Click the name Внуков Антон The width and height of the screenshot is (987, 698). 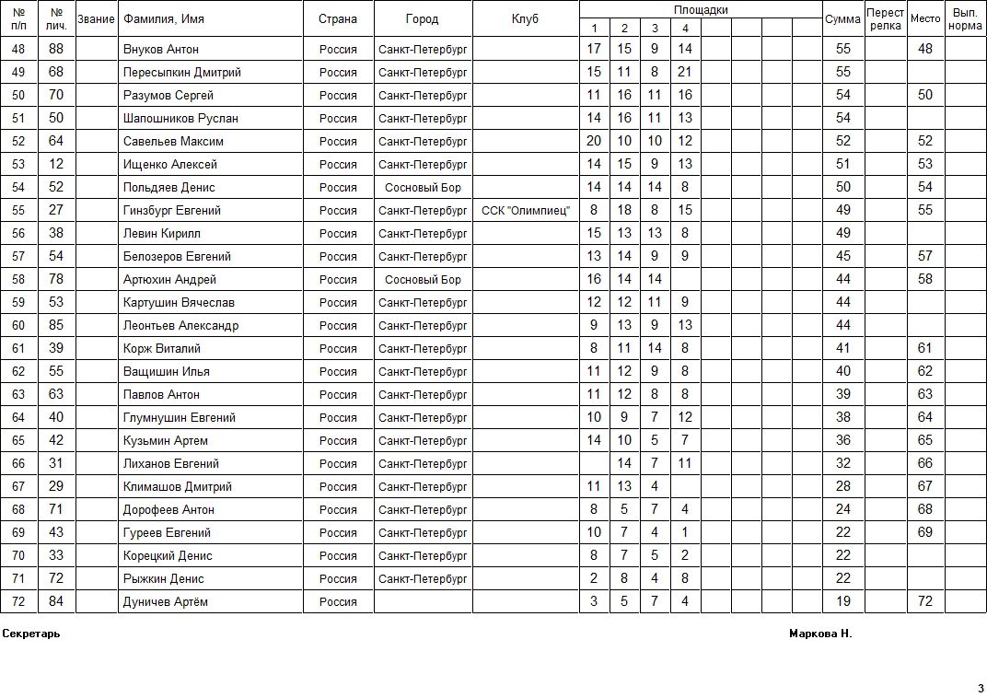tap(161, 49)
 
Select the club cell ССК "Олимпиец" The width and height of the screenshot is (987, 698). tap(526, 210)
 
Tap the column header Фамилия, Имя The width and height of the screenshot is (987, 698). tap(164, 19)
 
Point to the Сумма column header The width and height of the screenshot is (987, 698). tap(842, 19)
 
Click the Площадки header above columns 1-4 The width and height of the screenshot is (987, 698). tap(701, 10)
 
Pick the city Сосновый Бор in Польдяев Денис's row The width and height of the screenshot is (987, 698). tap(423, 187)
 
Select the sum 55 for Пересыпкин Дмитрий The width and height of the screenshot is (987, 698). tap(842, 72)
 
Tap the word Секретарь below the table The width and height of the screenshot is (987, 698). tap(31, 634)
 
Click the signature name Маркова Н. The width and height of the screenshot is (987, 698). tap(820, 634)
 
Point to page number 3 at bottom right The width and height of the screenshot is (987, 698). tap(981, 688)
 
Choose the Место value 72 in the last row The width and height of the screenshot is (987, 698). tap(925, 601)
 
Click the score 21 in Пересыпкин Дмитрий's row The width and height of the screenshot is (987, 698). tap(684, 72)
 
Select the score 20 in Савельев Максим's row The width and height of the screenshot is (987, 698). tap(594, 141)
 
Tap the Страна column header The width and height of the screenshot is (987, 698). tap(338, 19)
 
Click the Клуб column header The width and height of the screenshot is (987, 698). tap(525, 19)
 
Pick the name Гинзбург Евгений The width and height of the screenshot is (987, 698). tap(172, 210)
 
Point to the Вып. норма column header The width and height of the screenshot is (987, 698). tap(965, 19)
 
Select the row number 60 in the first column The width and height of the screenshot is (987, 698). tap(18, 325)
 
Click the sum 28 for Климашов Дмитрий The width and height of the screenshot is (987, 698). tap(842, 486)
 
